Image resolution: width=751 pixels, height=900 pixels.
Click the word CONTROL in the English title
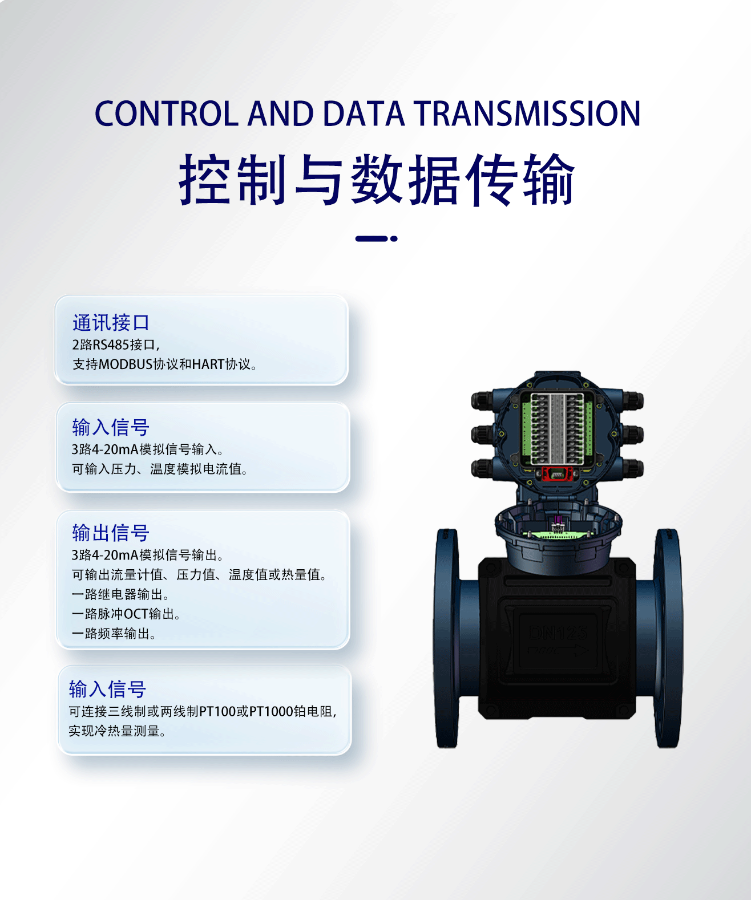tap(166, 113)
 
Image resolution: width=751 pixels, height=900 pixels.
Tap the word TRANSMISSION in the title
tap(527, 113)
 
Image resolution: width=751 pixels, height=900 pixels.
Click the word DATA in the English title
tap(363, 113)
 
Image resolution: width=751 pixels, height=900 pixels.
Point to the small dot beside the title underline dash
tap(394, 238)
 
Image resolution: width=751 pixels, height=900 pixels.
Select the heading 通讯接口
tap(111, 323)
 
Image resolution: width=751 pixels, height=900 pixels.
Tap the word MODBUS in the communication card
tap(126, 364)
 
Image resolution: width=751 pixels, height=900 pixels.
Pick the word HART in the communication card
tap(208, 364)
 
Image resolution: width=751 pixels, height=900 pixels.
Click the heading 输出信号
tap(111, 533)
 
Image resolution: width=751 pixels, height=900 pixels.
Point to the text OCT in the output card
tap(136, 614)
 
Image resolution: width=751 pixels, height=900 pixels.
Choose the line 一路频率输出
tap(114, 634)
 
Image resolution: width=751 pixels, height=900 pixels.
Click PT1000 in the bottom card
tap(271, 711)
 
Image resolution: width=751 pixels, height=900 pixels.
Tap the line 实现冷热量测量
tap(117, 731)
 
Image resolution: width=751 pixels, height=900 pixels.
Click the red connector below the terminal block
tap(557, 473)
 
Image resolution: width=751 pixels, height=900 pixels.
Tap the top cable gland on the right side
tap(634, 400)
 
